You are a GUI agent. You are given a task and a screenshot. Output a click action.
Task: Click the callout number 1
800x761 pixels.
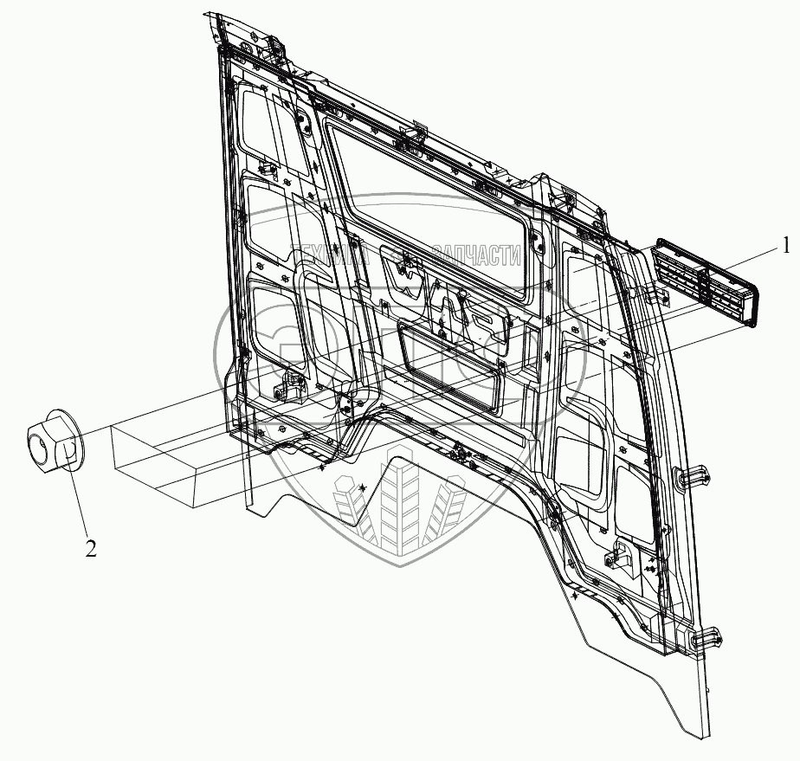(785, 247)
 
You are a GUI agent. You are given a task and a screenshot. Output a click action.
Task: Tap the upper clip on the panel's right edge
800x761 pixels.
(693, 475)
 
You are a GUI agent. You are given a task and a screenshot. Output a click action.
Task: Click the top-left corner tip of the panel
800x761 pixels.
(208, 14)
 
